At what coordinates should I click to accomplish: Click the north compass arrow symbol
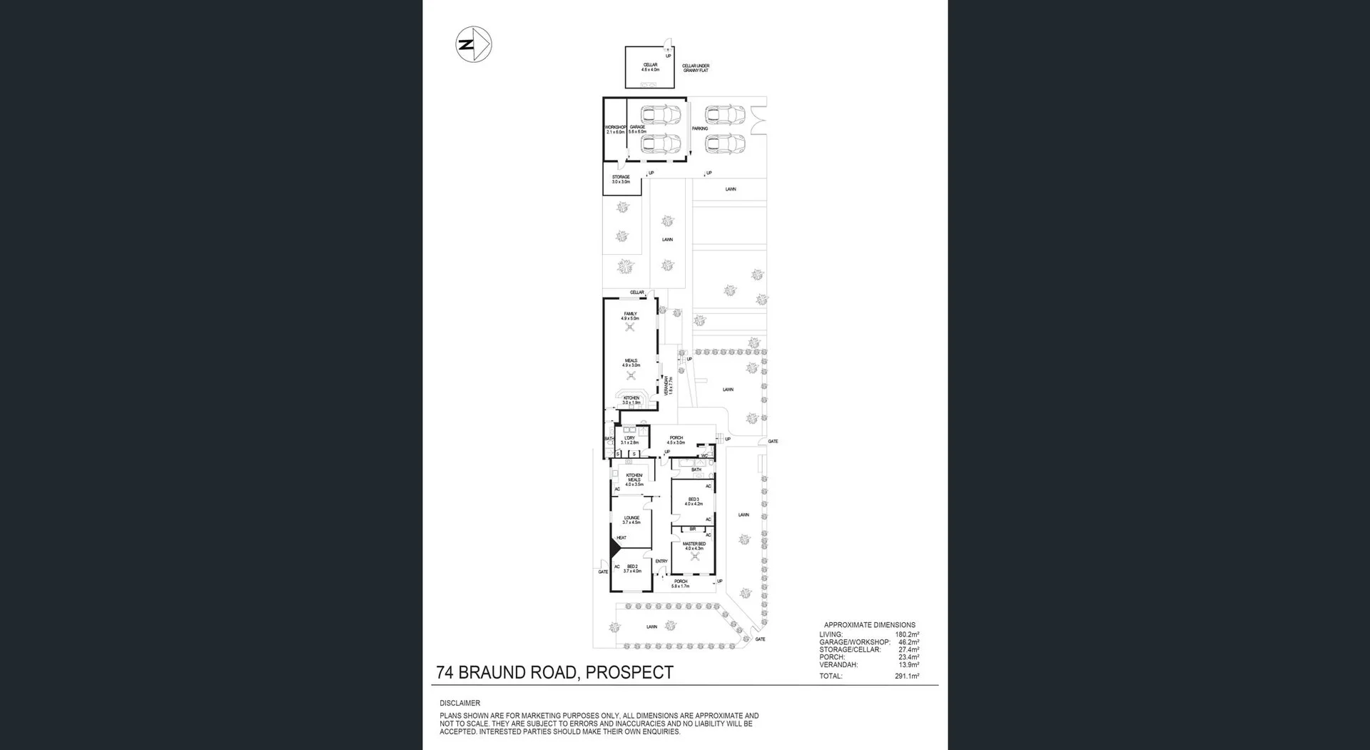coord(474,44)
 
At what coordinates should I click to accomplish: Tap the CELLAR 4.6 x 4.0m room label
coord(650,67)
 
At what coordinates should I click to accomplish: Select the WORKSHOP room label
coord(615,129)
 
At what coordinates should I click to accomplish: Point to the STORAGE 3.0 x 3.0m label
coord(621,179)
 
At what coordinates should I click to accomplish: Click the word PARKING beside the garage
coord(699,128)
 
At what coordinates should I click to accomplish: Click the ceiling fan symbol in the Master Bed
coord(695,557)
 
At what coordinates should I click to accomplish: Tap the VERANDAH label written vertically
coord(669,386)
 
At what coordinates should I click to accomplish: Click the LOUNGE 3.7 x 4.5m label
coord(631,520)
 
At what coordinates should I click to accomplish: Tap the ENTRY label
coord(661,561)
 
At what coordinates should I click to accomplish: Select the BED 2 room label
coord(632,568)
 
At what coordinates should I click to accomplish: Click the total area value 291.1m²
coord(907,676)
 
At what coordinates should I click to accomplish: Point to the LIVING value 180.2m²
coord(907,634)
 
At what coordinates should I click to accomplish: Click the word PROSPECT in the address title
coord(629,672)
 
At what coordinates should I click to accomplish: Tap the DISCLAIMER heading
coord(460,703)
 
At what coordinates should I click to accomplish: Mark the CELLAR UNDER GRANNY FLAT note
coord(696,68)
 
